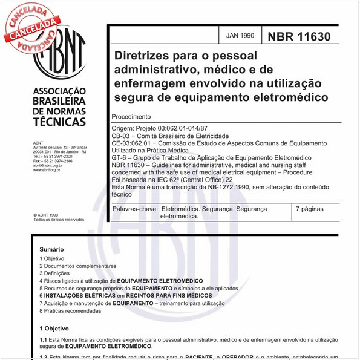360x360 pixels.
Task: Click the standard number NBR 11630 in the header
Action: [x=299, y=37]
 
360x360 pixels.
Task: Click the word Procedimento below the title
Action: [x=131, y=116]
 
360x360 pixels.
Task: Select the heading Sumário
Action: [x=51, y=249]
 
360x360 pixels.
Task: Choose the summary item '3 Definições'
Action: [x=54, y=273]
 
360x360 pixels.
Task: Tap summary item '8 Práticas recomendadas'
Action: [x=70, y=311]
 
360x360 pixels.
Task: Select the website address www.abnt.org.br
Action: [x=46, y=171]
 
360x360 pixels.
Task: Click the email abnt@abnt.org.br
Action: [x=47, y=166]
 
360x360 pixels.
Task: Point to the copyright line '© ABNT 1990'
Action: [x=46, y=215]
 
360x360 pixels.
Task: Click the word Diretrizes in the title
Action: [x=142, y=56]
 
